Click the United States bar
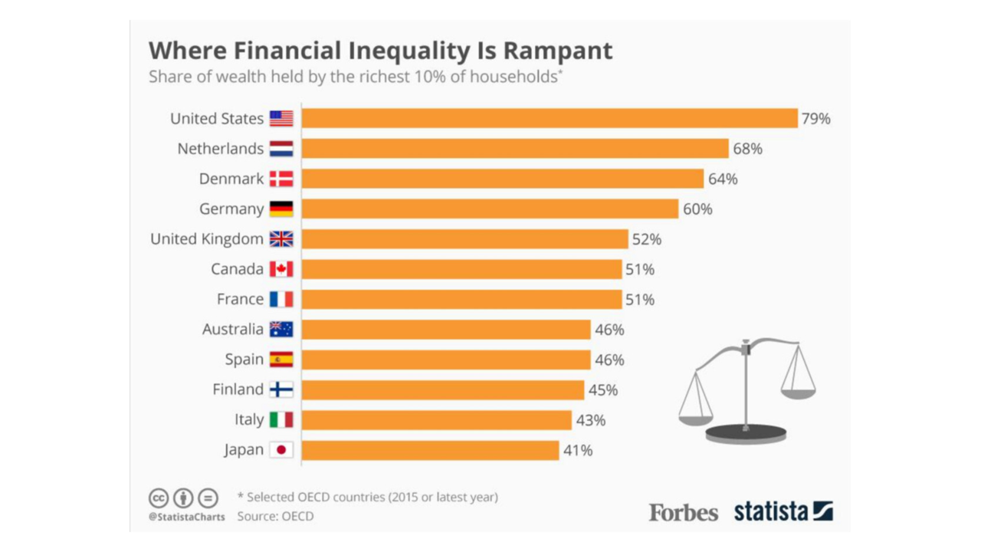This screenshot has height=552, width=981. point(549,118)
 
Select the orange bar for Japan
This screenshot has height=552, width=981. point(430,450)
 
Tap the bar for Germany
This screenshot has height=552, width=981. point(490,209)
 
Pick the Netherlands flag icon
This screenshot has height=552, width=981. point(281,149)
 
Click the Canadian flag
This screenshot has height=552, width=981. point(281,269)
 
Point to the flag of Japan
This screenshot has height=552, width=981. point(281,450)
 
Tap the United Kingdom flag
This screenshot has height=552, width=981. point(281,239)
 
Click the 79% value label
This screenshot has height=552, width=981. point(815,119)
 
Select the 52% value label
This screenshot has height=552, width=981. point(646,239)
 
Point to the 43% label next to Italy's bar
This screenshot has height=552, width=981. point(591,420)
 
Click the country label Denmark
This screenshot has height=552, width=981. point(231,179)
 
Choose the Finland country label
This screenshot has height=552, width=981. point(238,389)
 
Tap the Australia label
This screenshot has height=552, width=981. point(233,330)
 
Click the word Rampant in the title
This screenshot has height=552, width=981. point(557,51)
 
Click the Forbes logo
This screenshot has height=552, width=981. point(684,512)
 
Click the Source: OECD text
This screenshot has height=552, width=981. point(275,516)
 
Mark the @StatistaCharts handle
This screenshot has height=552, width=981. point(187,517)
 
